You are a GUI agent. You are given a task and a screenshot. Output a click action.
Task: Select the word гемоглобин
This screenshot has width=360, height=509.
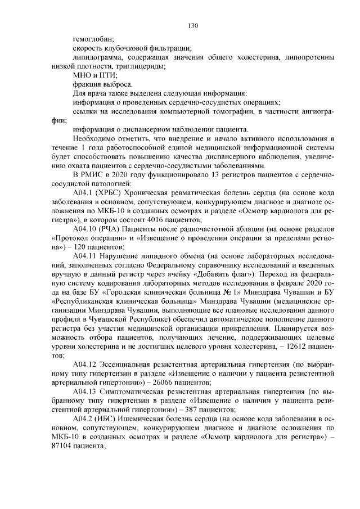point(93,39)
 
